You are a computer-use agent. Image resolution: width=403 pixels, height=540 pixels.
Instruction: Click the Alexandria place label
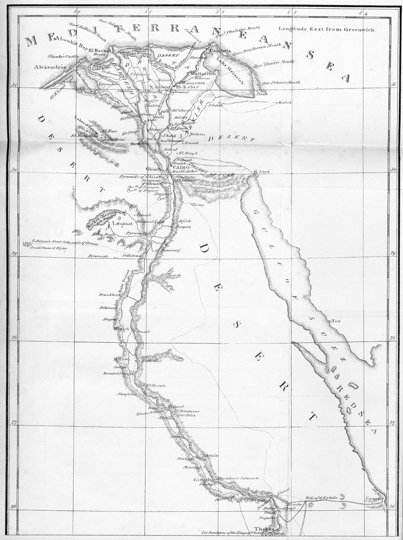49,66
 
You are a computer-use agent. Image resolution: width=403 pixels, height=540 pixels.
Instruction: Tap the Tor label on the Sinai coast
334,321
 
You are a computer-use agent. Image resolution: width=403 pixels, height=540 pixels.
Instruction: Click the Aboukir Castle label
63,56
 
